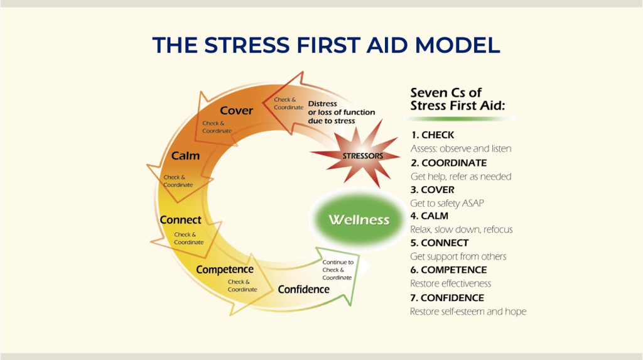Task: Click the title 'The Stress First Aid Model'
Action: point(326,45)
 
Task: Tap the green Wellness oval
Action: point(359,220)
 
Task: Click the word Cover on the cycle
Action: point(237,111)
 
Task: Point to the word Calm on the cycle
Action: point(185,156)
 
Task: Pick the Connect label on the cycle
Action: point(180,220)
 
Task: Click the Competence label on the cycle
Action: point(225,270)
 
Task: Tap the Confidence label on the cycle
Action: point(304,290)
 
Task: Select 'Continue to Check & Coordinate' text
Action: point(338,270)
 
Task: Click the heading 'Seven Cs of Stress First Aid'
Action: point(458,99)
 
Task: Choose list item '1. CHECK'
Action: point(433,135)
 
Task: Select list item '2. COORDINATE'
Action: point(448,163)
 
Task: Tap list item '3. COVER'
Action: point(432,190)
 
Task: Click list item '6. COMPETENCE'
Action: point(448,270)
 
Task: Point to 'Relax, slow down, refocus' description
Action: point(462,229)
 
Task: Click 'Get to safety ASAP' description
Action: point(447,203)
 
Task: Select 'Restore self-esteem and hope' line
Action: point(468,312)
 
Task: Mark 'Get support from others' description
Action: point(458,256)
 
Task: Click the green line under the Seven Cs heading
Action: point(459,119)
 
